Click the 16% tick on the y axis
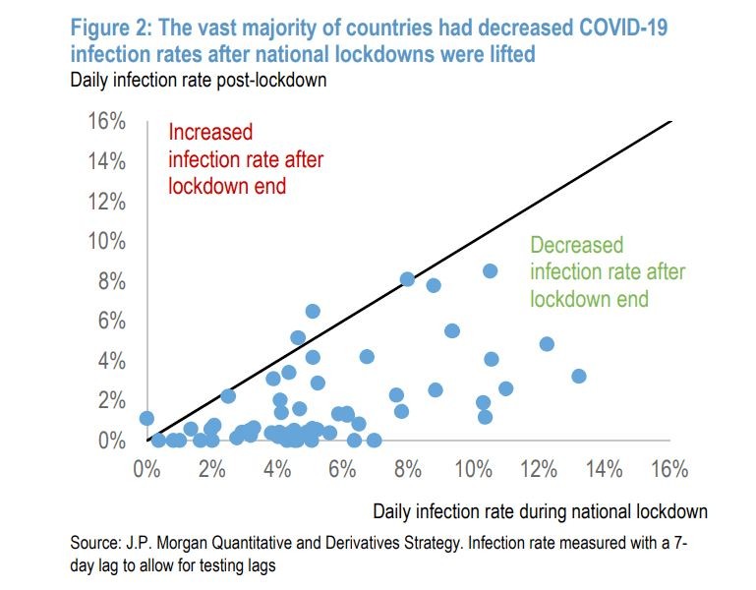107,122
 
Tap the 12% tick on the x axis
539,469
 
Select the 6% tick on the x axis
342,469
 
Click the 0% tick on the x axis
146,469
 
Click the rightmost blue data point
578,376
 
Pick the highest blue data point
490,270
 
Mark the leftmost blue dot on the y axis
146,418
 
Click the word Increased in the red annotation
210,132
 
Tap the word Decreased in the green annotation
577,246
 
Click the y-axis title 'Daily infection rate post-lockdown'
198,81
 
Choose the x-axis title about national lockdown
540,511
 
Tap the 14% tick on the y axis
107,161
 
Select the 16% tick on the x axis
669,469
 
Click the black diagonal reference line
413,279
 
